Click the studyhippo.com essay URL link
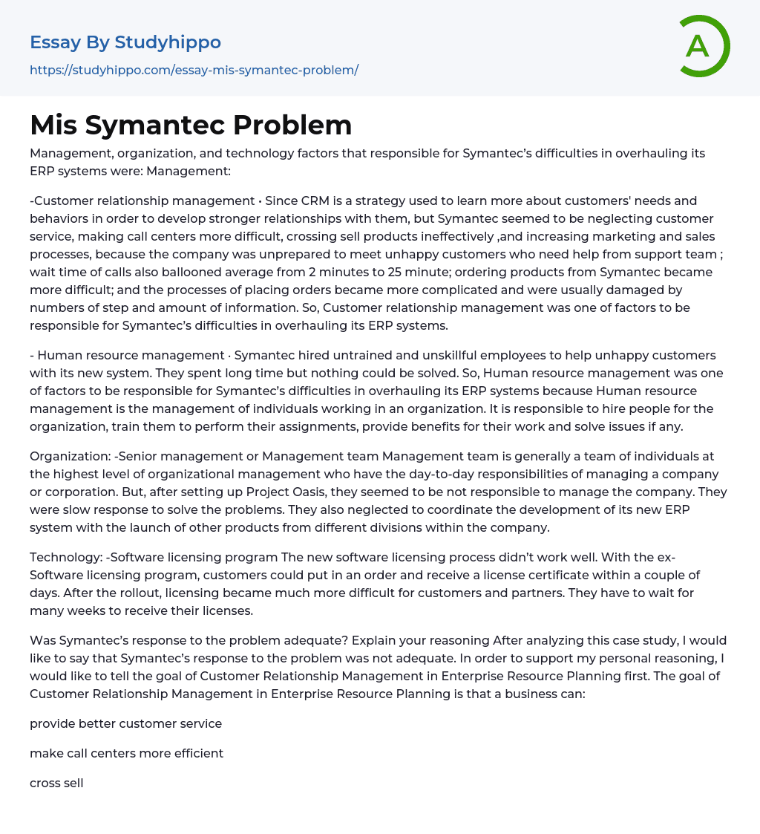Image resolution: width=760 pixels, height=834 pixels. pyautogui.click(x=194, y=70)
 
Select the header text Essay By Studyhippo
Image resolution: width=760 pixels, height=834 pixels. pyautogui.click(x=125, y=42)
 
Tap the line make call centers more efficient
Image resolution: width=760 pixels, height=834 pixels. pyautogui.click(x=126, y=753)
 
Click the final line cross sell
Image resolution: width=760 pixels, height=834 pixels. pyautogui.click(x=56, y=783)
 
